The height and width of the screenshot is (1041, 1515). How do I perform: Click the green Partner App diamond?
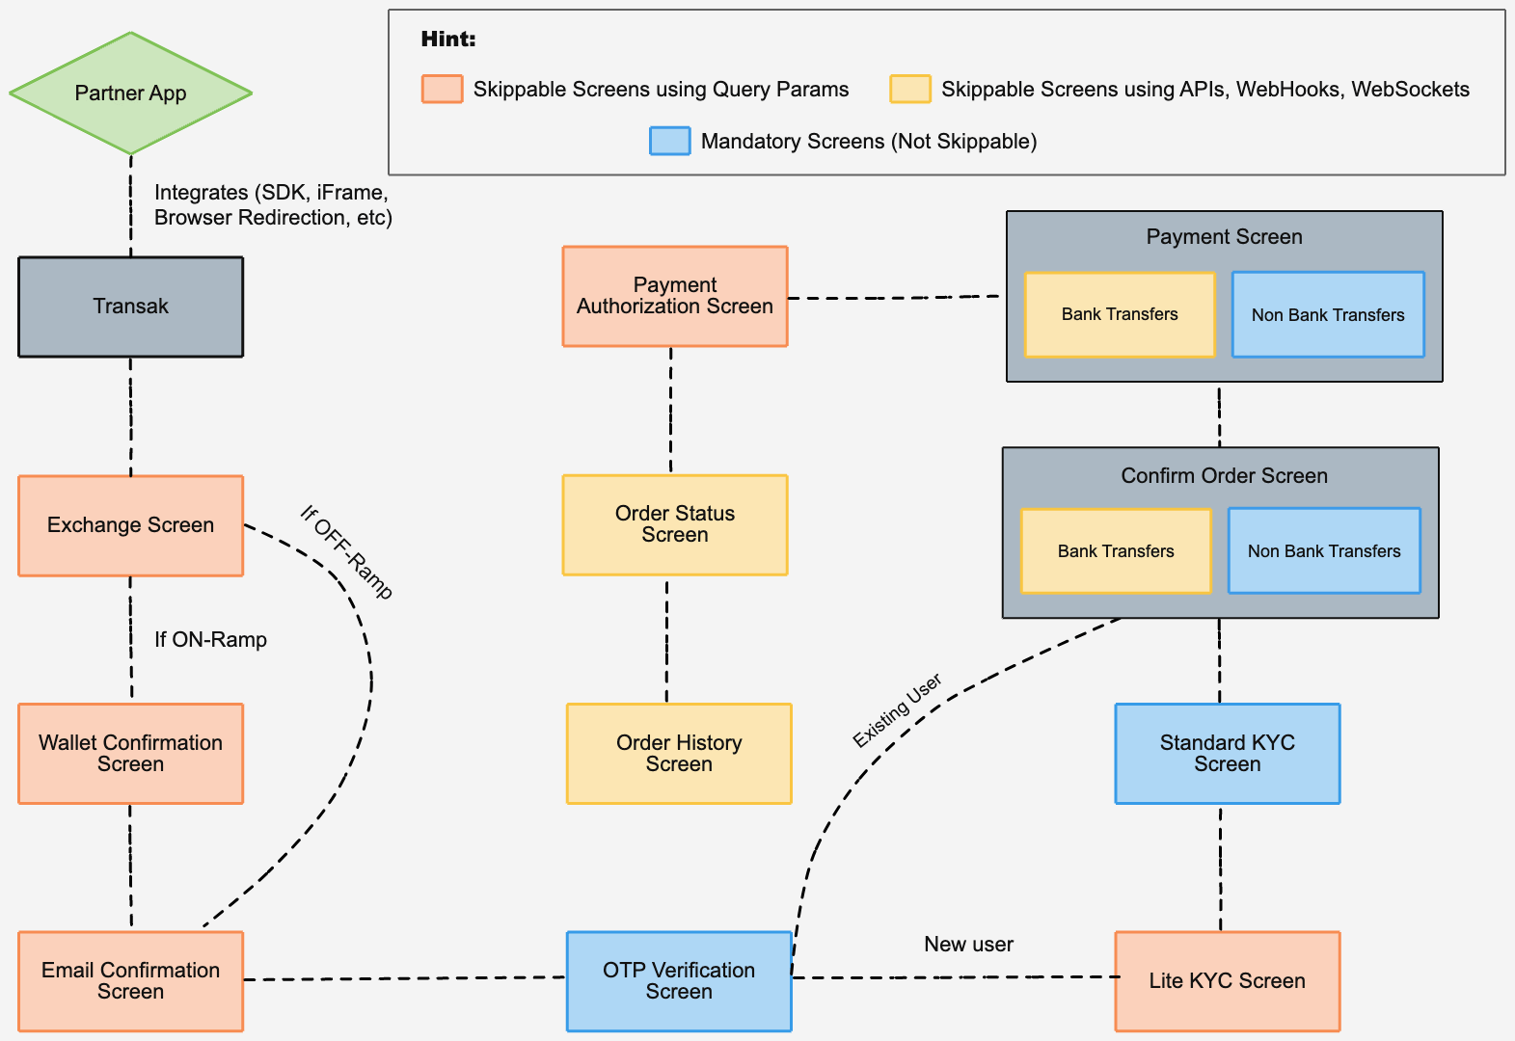pos(130,93)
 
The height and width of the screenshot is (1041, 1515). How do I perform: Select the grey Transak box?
pos(130,307)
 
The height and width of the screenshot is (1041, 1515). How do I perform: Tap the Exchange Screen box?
pos(130,525)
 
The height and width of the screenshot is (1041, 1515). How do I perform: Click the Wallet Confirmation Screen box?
pos(130,753)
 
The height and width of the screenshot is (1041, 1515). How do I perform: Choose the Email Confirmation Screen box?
pos(130,980)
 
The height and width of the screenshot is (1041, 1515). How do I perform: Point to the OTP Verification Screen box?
pos(678,980)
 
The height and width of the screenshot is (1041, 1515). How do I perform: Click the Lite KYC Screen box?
pos(1227,980)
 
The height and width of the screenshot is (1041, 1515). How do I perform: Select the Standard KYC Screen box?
pos(1227,753)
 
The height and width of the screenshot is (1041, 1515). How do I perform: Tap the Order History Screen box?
pos(678,753)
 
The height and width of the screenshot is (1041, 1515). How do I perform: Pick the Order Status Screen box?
pos(674,524)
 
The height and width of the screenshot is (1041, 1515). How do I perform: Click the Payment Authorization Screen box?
pos(674,296)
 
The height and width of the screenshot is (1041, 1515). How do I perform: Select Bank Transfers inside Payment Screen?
pos(1119,314)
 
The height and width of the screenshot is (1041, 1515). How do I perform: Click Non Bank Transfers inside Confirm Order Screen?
pos(1323,550)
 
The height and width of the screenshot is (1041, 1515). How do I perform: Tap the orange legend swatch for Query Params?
pos(442,89)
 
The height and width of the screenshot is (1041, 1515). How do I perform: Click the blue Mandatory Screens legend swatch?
pos(669,141)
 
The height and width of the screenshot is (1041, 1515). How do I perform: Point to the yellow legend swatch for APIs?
pos(909,89)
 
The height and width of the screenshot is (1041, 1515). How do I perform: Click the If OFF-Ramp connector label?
pos(346,552)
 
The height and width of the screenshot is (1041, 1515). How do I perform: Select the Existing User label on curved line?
pos(897,711)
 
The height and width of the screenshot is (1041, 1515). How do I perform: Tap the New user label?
pos(968,945)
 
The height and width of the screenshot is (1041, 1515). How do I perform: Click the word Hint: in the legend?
pos(448,40)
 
